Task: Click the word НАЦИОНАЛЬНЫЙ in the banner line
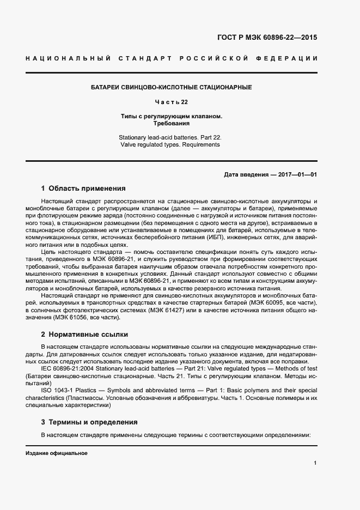[68, 58]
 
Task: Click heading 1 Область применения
[83, 189]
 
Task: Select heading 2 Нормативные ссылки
[84, 334]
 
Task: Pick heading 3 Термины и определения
[89, 422]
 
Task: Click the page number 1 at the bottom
[315, 463]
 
